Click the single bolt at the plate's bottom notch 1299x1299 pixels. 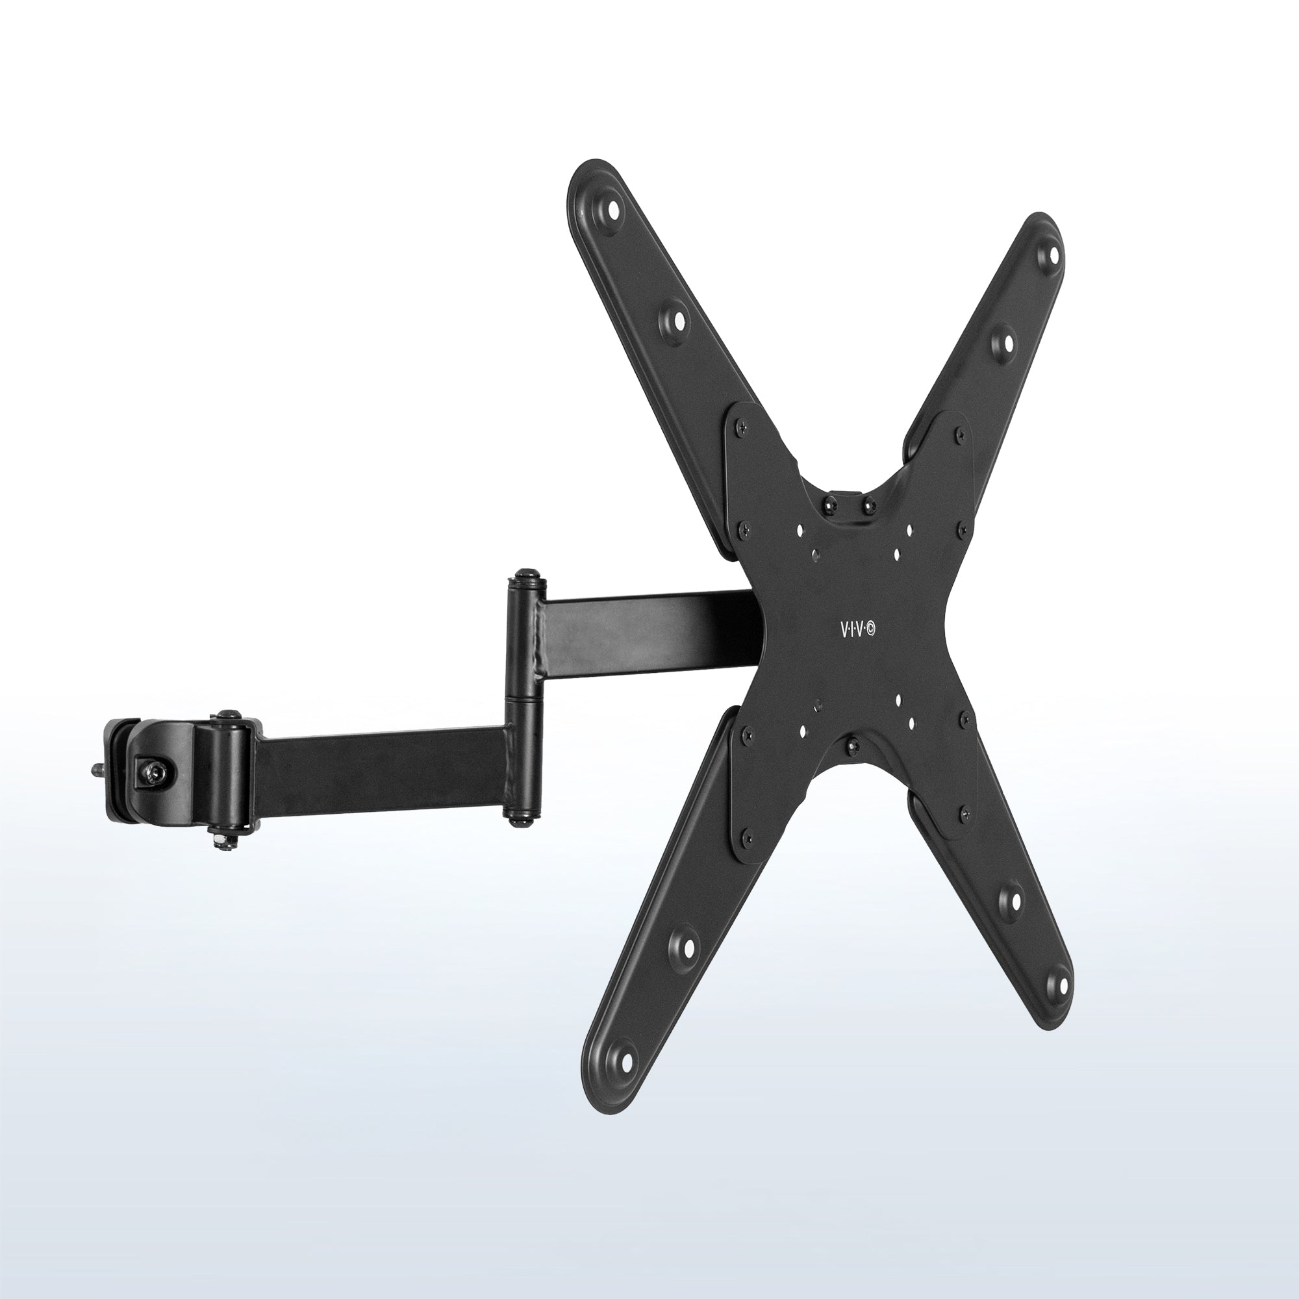click(853, 744)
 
